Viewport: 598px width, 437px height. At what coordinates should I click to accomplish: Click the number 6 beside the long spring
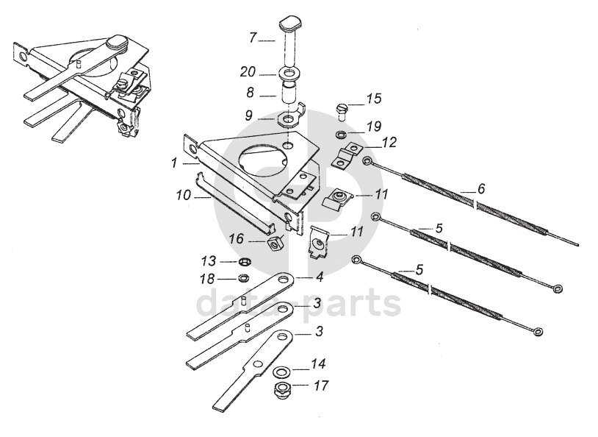(x=480, y=189)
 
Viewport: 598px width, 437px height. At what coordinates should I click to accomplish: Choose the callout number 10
(x=183, y=196)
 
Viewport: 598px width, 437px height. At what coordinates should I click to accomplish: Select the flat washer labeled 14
(x=282, y=370)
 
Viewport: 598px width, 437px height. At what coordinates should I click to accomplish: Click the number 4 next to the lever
(x=320, y=277)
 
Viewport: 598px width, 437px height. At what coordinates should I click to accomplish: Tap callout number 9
(x=249, y=116)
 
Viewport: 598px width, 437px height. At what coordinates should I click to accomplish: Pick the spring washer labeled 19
(x=342, y=135)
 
